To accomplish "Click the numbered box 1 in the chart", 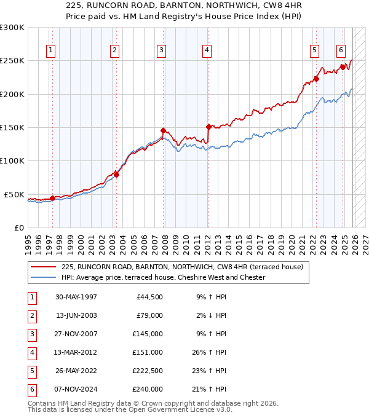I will point(50,50).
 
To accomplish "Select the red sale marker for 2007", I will point(163,130).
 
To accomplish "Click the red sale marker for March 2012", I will point(208,127).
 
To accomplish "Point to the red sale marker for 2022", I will point(316,79).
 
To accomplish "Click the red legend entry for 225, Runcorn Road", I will point(182,267).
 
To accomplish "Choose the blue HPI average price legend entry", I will point(163,278).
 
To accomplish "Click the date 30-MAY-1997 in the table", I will point(76,298).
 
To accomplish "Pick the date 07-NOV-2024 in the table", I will point(76,390).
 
